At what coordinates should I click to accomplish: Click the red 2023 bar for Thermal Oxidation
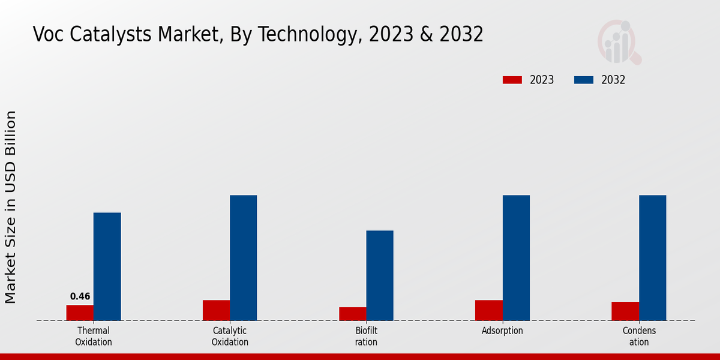[80, 313]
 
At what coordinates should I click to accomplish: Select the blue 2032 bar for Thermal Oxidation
[107, 266]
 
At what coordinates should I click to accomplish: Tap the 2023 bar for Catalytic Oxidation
[216, 310]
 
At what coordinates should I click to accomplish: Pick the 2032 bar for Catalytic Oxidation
[243, 257]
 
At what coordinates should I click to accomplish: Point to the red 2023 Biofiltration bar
[352, 314]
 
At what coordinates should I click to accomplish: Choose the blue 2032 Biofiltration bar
[380, 275]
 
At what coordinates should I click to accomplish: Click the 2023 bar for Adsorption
[488, 310]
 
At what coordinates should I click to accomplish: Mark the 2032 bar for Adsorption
[516, 257]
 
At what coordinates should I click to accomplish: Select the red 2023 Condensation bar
[625, 311]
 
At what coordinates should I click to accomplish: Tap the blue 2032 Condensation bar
[652, 257]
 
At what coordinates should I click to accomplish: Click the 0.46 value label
[80, 296]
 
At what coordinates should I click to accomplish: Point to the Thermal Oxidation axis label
[94, 337]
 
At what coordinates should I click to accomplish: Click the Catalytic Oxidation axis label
[230, 337]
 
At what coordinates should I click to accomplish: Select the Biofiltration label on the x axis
[366, 337]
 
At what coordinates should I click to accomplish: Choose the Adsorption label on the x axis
[502, 331]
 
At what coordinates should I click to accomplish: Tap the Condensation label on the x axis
[639, 337]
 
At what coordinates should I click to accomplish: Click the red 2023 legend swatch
[512, 80]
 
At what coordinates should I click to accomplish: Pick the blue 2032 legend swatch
[584, 80]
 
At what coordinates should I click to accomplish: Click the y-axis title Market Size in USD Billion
[11, 207]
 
